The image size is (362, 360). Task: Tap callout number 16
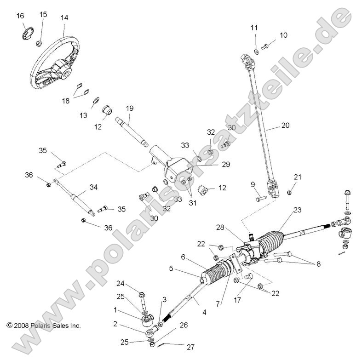[20, 16]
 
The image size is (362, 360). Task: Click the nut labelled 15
[40, 44]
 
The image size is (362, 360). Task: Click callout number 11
[254, 28]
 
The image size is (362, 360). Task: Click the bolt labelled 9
[272, 199]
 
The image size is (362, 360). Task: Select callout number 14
[64, 18]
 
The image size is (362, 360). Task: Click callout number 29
[225, 164]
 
